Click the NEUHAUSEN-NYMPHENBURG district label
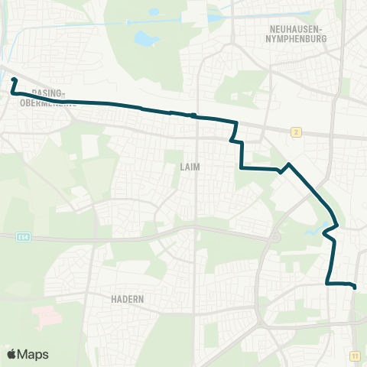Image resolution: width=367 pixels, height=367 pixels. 294,33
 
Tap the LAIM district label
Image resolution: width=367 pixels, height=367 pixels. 190,166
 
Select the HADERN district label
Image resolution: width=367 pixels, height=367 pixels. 127,300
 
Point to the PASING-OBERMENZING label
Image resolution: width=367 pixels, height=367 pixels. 43,97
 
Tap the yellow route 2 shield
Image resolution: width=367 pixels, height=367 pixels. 295,132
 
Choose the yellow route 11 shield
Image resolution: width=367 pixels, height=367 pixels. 355,356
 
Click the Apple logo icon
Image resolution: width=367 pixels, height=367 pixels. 11,354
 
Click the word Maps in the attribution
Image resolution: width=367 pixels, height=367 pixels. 34,354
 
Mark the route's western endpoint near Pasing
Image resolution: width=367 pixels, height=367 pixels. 14,80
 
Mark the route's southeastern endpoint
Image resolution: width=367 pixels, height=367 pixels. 355,287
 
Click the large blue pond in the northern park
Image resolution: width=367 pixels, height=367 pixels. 143,37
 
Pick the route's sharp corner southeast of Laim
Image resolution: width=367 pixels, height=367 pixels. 242,167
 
